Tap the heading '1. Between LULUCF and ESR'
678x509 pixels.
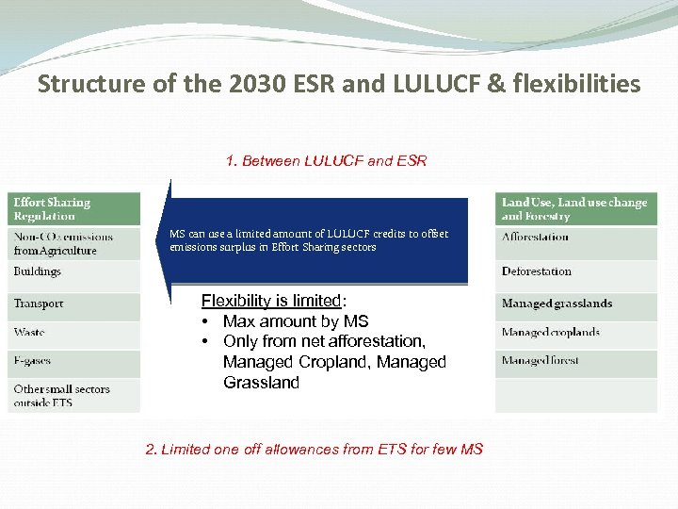click(326, 161)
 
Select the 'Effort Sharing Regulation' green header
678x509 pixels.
click(73, 209)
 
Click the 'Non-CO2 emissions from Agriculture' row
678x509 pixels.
click(73, 243)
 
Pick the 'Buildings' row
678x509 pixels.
click(73, 271)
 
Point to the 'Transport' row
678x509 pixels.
click(73, 304)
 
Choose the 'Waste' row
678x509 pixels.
click(73, 333)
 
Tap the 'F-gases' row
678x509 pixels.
click(73, 361)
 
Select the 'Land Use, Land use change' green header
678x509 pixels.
click(575, 209)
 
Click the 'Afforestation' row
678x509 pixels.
click(575, 238)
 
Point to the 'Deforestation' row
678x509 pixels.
click(575, 271)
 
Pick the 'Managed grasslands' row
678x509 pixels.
click(575, 304)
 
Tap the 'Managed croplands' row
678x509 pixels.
click(575, 333)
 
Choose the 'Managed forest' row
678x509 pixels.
click(575, 361)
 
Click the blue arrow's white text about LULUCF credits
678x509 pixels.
click(309, 240)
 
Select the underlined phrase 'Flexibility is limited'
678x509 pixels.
click(271, 302)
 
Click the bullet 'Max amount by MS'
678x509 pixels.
click(296, 322)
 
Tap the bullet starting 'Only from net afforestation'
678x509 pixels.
click(324, 341)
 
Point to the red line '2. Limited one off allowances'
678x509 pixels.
click(314, 450)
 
